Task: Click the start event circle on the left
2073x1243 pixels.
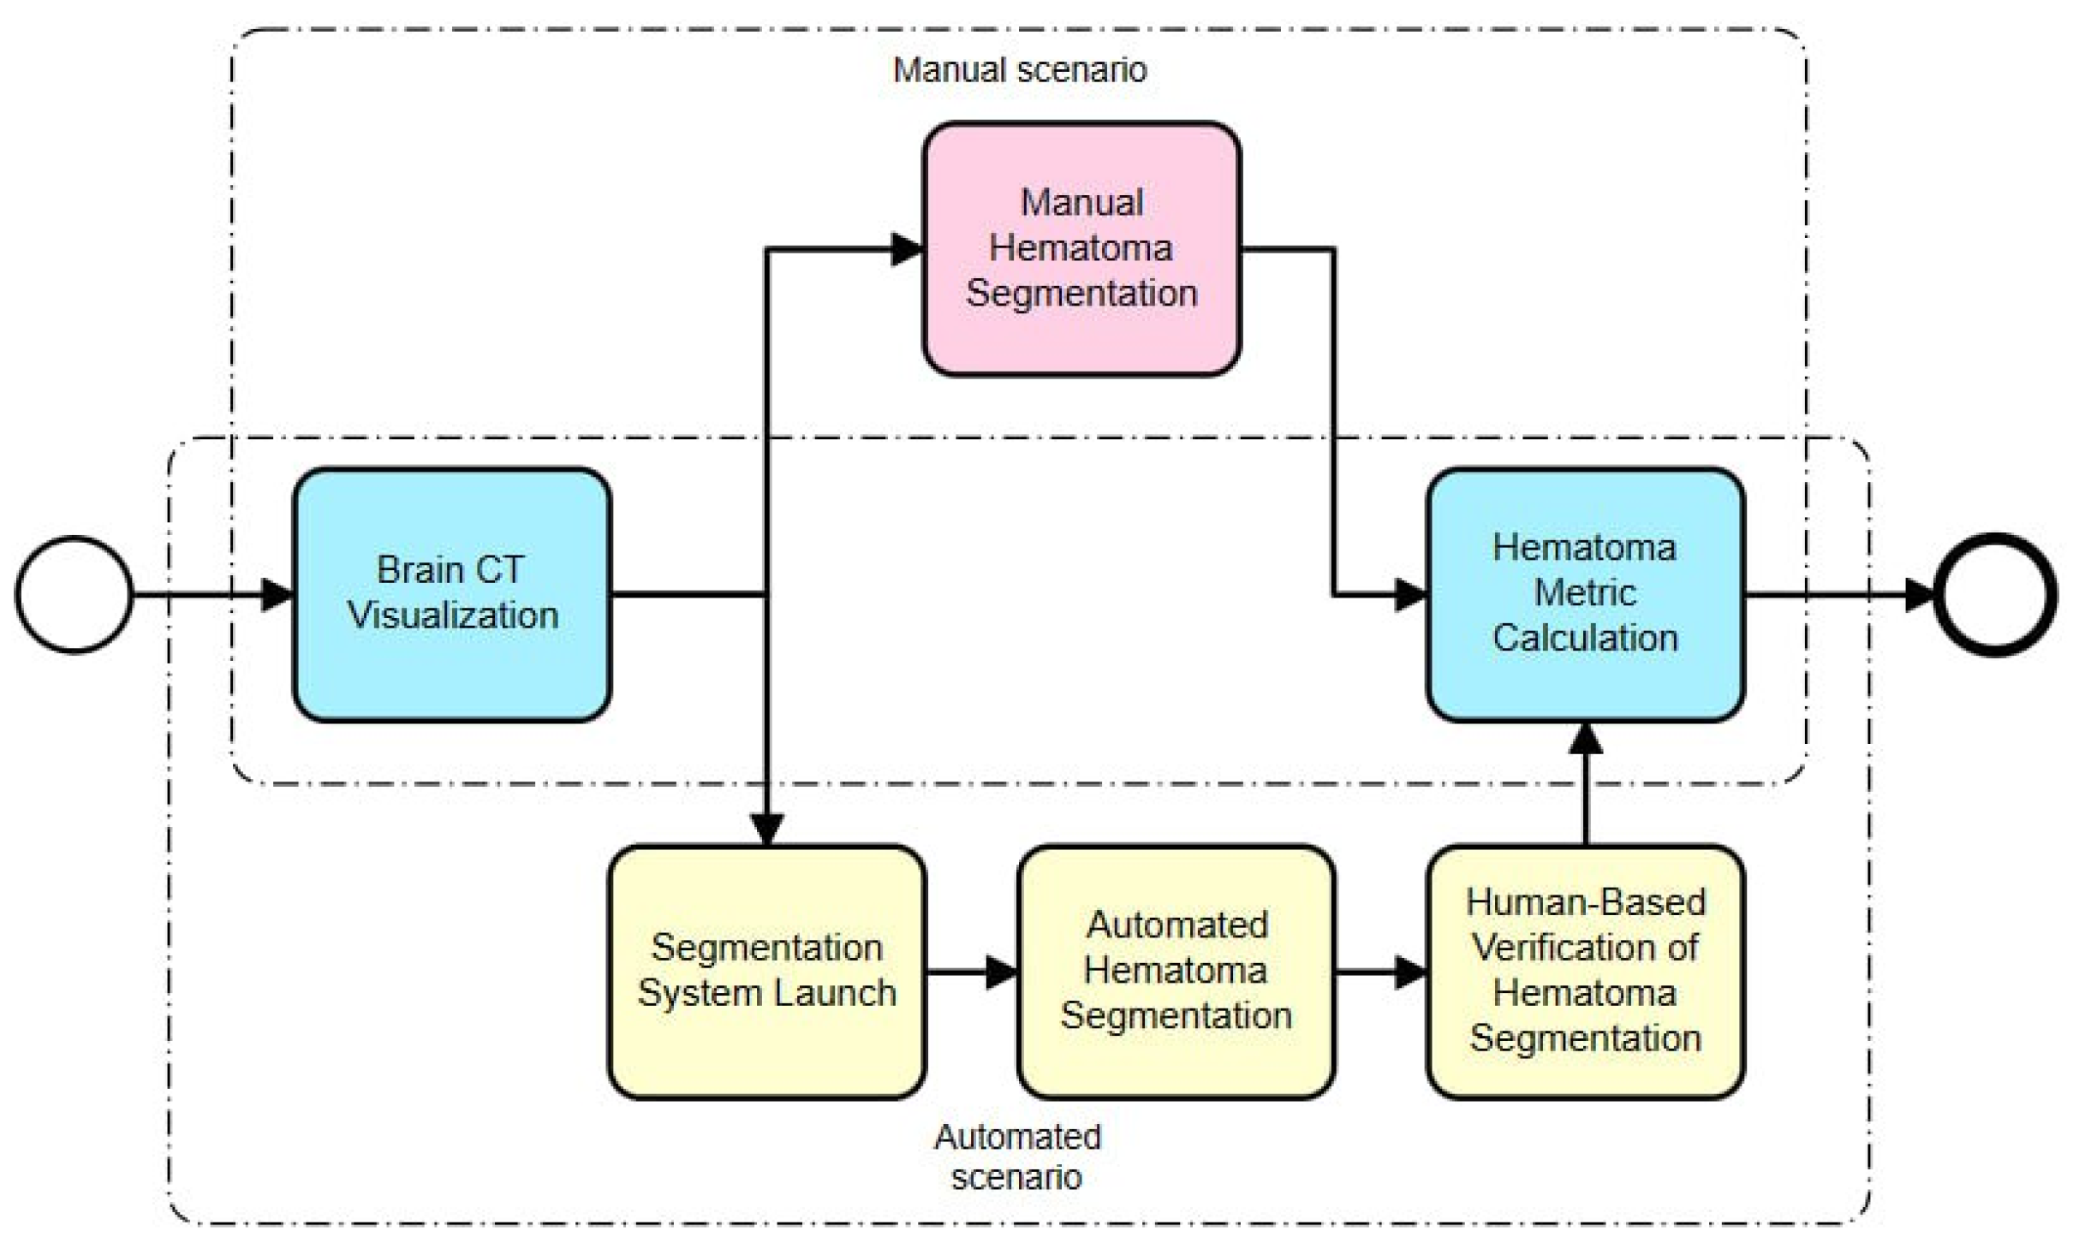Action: (74, 594)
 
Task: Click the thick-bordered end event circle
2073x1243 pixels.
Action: (1995, 594)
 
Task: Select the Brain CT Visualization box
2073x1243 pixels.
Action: (452, 594)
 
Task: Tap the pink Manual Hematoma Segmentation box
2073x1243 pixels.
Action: (1081, 248)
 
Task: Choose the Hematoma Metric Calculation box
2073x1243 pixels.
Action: (1585, 594)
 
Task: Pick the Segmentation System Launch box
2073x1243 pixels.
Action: (766, 972)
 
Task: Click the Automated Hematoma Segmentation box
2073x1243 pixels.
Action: (1176, 972)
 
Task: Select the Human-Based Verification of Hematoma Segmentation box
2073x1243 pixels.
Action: (1585, 972)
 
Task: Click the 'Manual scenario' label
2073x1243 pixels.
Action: (1019, 70)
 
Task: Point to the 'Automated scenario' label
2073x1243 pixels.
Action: (1017, 1157)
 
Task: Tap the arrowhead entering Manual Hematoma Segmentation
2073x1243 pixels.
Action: (906, 249)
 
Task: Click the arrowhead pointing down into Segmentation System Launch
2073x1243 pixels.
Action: (766, 829)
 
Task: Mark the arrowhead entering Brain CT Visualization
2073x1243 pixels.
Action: (277, 594)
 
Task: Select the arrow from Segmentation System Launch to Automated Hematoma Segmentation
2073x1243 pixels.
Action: (972, 972)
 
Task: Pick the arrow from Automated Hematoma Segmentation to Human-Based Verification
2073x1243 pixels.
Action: (1380, 972)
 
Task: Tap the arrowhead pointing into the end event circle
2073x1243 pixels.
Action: (1920, 594)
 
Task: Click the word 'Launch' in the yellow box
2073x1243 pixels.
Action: (836, 994)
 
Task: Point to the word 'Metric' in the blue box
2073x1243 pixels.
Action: (1585, 593)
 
